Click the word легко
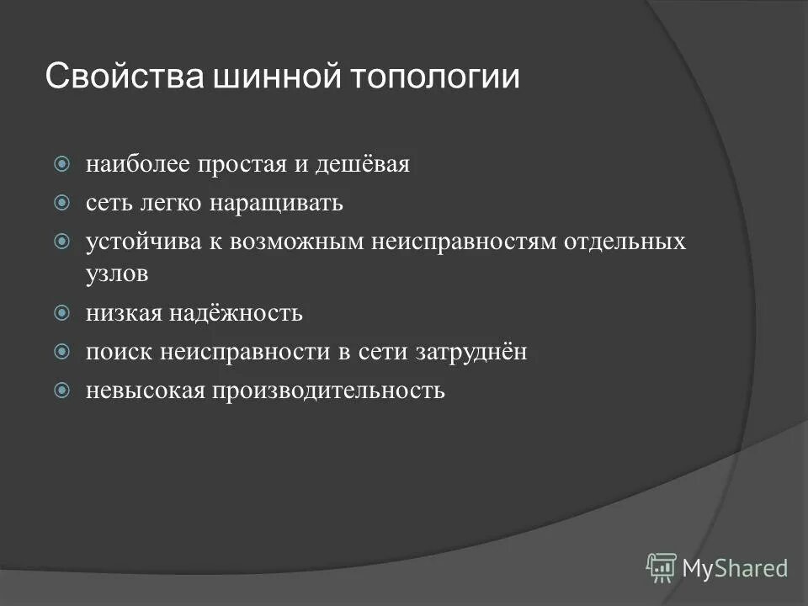click(x=175, y=204)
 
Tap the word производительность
click(x=327, y=391)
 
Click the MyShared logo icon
click(x=662, y=567)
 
